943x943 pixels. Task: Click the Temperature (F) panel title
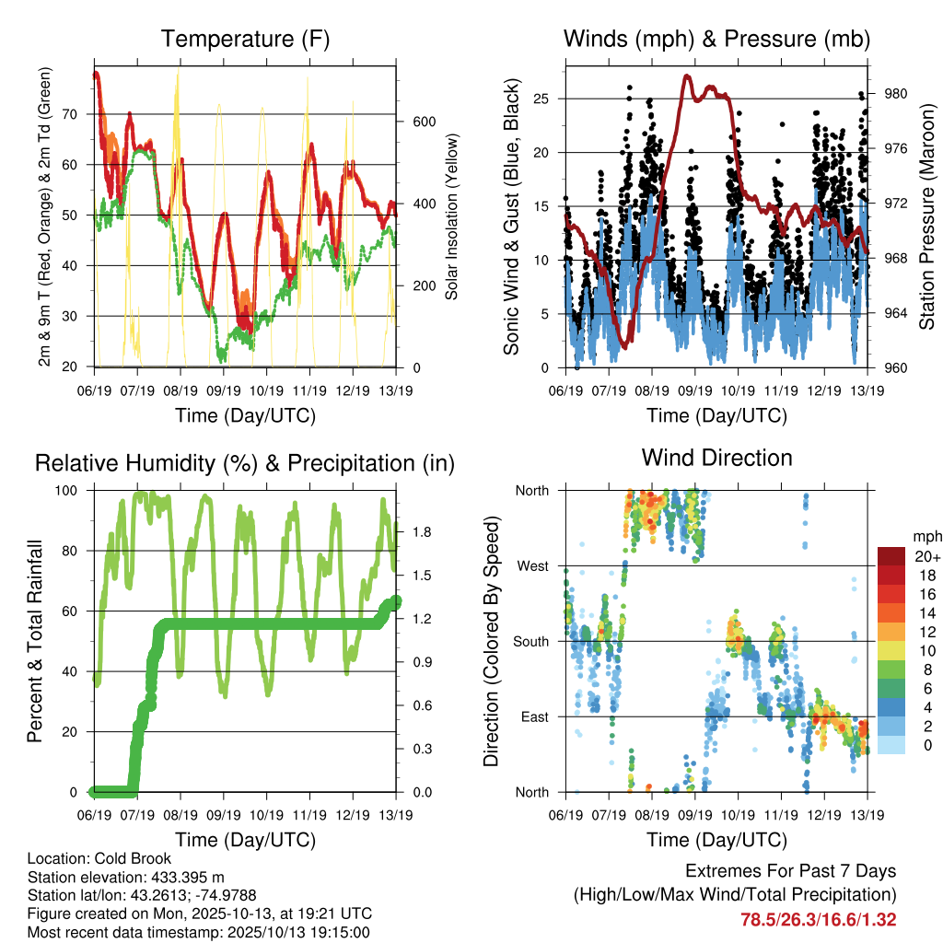click(245, 40)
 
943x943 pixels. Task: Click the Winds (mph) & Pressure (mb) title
click(716, 40)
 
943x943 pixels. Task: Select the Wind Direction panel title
click(716, 458)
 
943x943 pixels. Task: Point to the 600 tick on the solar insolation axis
click(422, 122)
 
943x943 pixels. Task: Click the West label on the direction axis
click(531, 565)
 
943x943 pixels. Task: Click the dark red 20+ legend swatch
click(891, 556)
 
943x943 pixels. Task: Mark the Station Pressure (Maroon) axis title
click(927, 217)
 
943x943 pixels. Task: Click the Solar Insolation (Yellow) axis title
click(452, 217)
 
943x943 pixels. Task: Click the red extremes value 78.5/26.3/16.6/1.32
click(818, 919)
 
